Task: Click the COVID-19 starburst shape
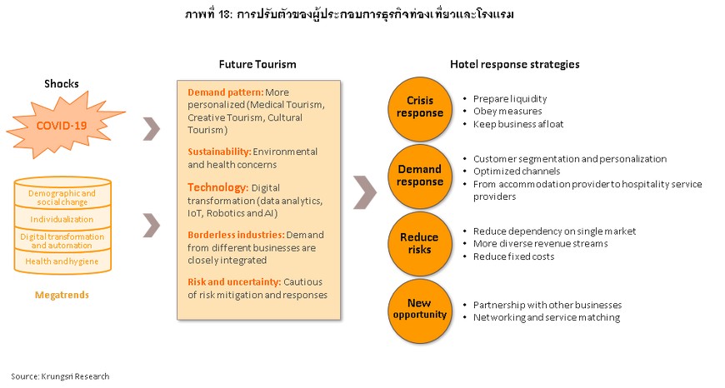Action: tap(62, 125)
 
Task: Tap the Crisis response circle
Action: tap(419, 108)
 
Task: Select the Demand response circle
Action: tap(419, 177)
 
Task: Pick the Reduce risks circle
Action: tap(419, 243)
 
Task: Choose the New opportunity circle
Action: tap(419, 310)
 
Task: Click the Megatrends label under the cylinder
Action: tap(62, 295)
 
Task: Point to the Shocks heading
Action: tap(62, 83)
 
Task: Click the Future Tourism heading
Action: tap(257, 64)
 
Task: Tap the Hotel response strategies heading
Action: tap(515, 64)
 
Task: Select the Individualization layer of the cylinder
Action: tap(62, 219)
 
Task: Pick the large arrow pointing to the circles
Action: tap(365, 192)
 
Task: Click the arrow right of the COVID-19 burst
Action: tap(152, 129)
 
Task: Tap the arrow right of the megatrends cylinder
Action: tap(152, 226)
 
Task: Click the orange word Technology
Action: tap(217, 187)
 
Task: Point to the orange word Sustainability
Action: tap(219, 152)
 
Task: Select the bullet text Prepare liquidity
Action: tap(509, 99)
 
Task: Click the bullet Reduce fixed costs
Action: tap(513, 256)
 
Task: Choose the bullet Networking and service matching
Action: tap(547, 317)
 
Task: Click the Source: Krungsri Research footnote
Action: tap(60, 376)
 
